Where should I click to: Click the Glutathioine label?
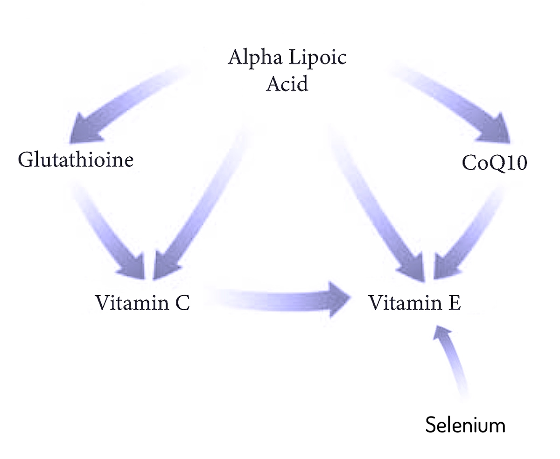(x=76, y=160)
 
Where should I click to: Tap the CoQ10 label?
(x=494, y=162)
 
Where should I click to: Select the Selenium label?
(x=465, y=425)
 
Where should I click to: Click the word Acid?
(x=287, y=83)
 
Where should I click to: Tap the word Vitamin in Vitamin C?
(x=132, y=302)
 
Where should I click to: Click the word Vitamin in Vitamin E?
(x=405, y=302)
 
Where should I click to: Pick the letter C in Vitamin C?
(x=182, y=303)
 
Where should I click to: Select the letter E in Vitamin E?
(x=455, y=302)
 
